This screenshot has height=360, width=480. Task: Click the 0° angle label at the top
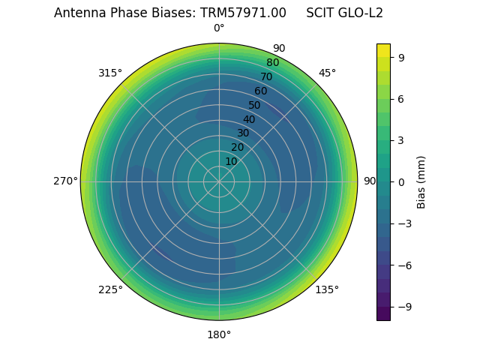(219, 28)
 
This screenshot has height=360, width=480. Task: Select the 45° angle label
(327, 73)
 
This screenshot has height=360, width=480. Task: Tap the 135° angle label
(327, 289)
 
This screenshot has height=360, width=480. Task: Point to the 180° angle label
(219, 334)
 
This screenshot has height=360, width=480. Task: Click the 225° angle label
(110, 289)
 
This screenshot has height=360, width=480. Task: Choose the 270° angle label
(66, 181)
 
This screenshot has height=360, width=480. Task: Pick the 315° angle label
(110, 73)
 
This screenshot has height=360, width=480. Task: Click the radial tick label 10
(231, 161)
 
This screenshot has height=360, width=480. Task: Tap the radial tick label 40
(249, 120)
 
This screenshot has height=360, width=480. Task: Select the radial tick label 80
(272, 63)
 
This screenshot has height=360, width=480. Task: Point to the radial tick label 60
(260, 91)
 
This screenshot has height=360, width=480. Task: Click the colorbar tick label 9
(402, 57)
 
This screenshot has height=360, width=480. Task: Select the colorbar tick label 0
(402, 182)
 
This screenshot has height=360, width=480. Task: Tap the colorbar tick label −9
(405, 307)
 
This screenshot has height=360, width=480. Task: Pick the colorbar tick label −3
(405, 223)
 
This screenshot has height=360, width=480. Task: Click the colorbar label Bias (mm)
(421, 181)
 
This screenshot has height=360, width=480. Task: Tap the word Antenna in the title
(77, 13)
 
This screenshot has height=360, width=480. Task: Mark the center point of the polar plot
(219, 181)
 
